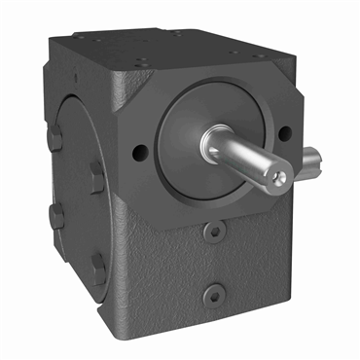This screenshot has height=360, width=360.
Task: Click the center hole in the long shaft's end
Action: (279, 176)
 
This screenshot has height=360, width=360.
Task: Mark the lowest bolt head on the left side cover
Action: (98, 265)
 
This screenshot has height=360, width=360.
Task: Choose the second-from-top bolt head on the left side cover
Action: (96, 175)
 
